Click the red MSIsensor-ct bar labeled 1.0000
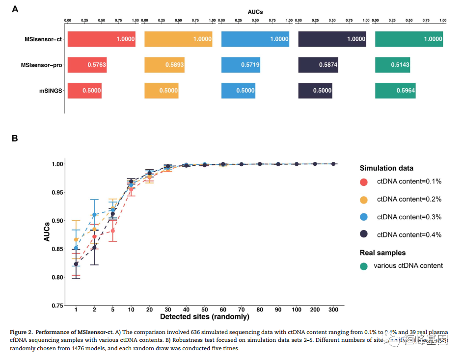(x=101, y=39)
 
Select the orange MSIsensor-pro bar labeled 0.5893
(x=164, y=65)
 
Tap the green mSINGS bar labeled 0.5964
(x=395, y=90)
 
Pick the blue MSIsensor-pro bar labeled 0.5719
(x=241, y=65)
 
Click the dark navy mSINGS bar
(x=315, y=90)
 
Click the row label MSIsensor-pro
(x=41, y=65)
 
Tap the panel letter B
(x=15, y=138)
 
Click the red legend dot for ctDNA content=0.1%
(x=364, y=182)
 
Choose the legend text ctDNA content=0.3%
(x=409, y=217)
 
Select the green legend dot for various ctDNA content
(x=364, y=266)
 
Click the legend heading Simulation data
(x=386, y=168)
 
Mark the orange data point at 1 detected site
(x=76, y=239)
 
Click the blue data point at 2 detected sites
(x=94, y=215)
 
